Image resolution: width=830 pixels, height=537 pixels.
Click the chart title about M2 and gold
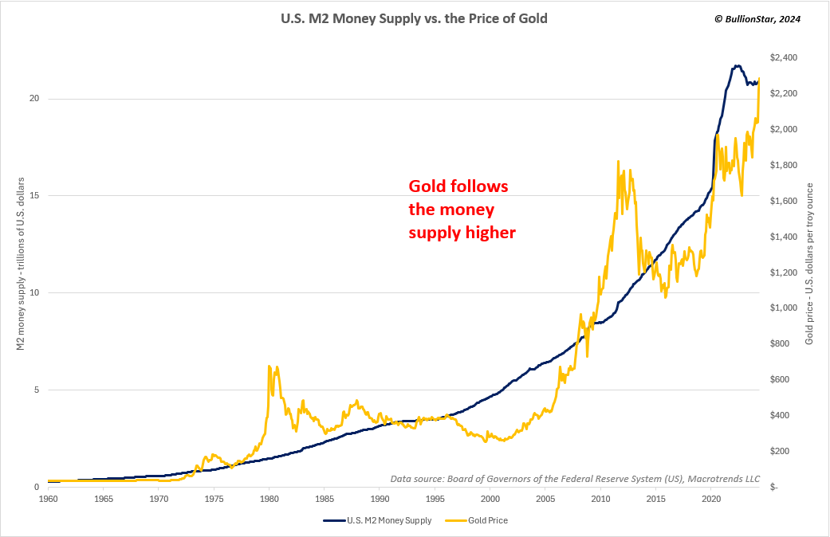pos(414,18)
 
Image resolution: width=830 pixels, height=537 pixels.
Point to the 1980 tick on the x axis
pos(269,500)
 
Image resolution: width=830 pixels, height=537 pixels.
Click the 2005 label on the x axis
pos(545,500)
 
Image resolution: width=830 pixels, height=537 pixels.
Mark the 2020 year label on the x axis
pos(711,500)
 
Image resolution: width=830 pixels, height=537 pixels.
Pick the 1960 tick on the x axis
pos(48,500)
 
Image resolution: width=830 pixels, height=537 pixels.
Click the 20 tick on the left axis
pos(33,99)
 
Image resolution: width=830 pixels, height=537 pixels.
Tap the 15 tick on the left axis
pos(33,196)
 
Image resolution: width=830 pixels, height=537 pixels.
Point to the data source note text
pos(575,479)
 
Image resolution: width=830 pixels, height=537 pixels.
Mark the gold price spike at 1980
pos(269,366)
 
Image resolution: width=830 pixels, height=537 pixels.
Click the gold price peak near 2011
pos(618,162)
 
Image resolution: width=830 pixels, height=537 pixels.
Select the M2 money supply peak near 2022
pos(738,65)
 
